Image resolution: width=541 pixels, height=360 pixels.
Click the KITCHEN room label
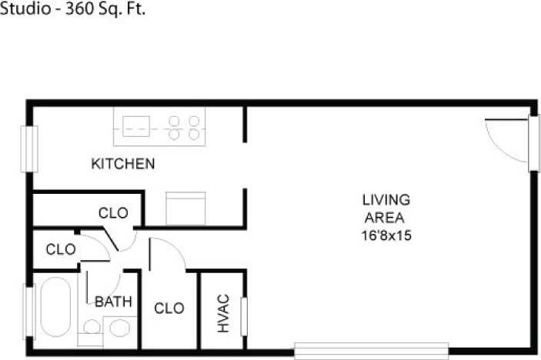tap(123, 164)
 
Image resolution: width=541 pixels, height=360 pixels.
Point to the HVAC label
tap(223, 313)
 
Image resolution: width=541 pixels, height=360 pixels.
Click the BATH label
tap(113, 302)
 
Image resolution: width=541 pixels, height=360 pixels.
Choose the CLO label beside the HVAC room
tap(169, 308)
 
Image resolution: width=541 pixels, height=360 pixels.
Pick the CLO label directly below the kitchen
tap(112, 212)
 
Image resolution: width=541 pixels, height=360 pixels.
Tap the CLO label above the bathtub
tap(60, 249)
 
